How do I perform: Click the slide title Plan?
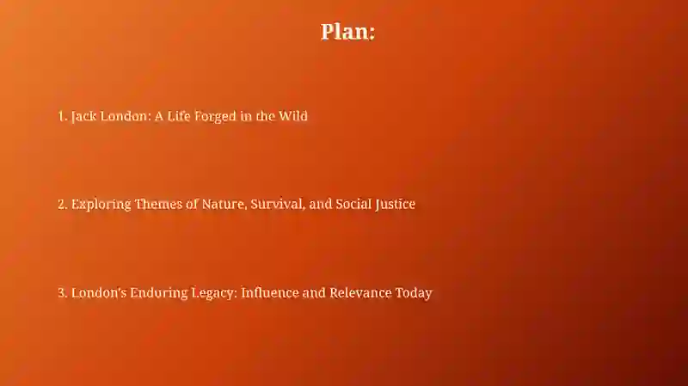[x=347, y=32]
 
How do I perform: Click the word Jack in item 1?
[x=83, y=116]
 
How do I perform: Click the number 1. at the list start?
[x=62, y=116]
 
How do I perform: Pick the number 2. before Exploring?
[x=63, y=205]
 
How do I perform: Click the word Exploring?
[x=101, y=205]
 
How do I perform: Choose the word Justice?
[x=395, y=205]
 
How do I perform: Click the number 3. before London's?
[x=63, y=292]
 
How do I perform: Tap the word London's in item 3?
[x=99, y=292]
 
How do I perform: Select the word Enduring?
[x=159, y=293]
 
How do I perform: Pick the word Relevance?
[x=360, y=292]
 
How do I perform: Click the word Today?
[x=414, y=293]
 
